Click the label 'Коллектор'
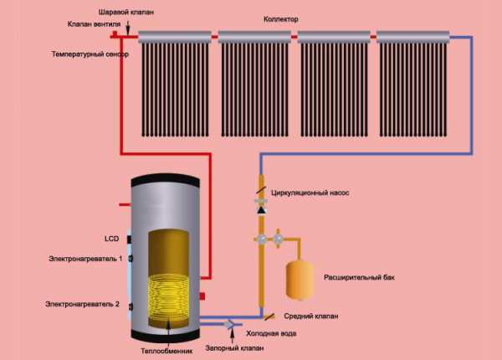click(x=292, y=18)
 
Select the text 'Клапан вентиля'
click(x=94, y=25)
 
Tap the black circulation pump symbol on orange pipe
click(x=261, y=206)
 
